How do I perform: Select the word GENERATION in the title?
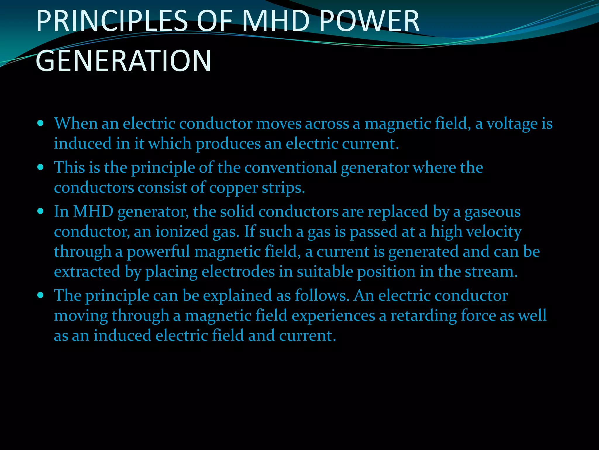[x=123, y=61]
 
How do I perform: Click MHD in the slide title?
[x=276, y=21]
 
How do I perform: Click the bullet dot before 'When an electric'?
[x=41, y=123]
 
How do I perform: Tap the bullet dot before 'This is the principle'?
[x=41, y=167]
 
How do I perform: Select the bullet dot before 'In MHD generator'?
[x=41, y=211]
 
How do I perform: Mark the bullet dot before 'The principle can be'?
[x=41, y=295]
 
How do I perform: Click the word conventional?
[x=291, y=168]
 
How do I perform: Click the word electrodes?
[x=238, y=272]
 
